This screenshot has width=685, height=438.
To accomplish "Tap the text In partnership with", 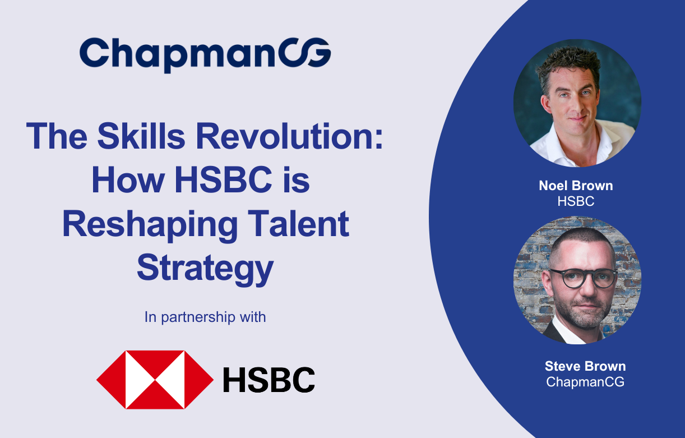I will click(205, 317).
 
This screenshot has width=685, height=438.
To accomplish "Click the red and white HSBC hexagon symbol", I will click(155, 380).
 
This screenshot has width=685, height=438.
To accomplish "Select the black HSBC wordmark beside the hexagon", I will click(269, 380).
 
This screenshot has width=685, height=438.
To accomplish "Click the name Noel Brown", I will click(576, 186).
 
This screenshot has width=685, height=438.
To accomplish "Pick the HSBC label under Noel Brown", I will click(576, 201).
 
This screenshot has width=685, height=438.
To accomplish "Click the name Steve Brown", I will click(585, 367).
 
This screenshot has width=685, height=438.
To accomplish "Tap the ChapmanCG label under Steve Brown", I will click(585, 382).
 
